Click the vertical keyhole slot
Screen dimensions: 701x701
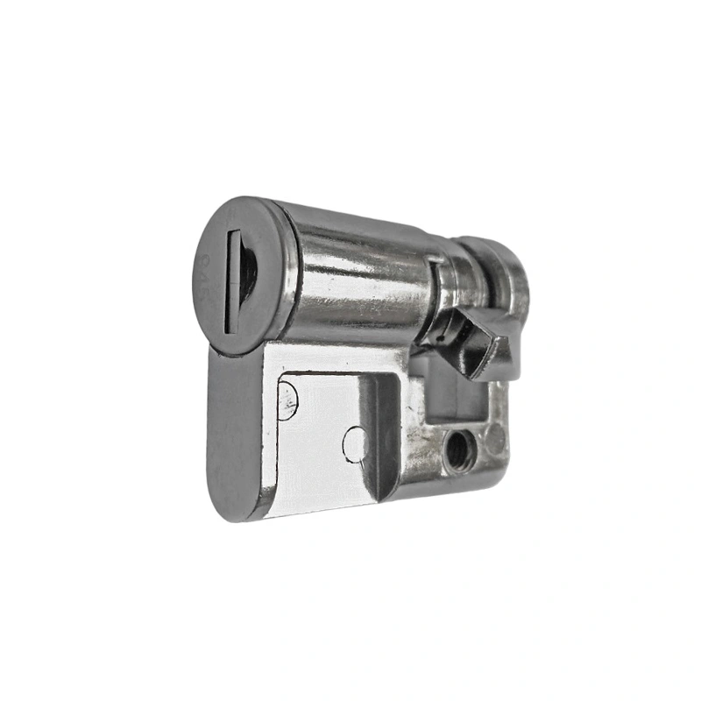pyautogui.click(x=233, y=281)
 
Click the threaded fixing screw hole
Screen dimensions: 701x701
pyautogui.click(x=457, y=450)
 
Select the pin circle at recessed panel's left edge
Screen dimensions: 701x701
pyautogui.click(x=287, y=401)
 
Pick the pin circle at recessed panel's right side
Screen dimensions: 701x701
pyautogui.click(x=354, y=443)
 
